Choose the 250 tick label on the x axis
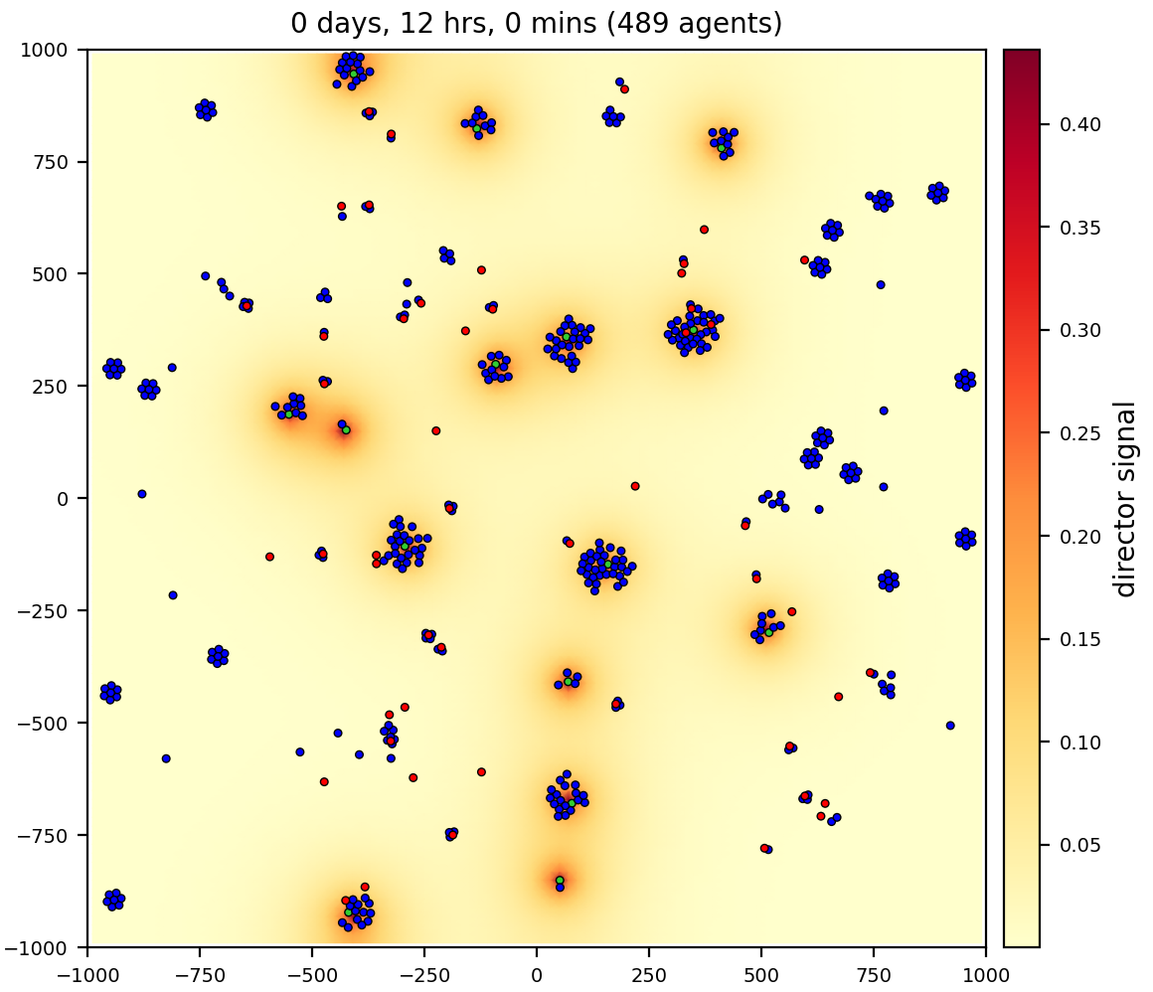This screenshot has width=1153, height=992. pos(649,970)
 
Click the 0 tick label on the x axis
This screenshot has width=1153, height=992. pos(537,970)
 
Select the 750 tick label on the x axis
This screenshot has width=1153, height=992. pos(874,970)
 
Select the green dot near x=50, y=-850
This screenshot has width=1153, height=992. pos(560,880)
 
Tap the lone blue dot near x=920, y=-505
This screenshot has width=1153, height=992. pos(950,726)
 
